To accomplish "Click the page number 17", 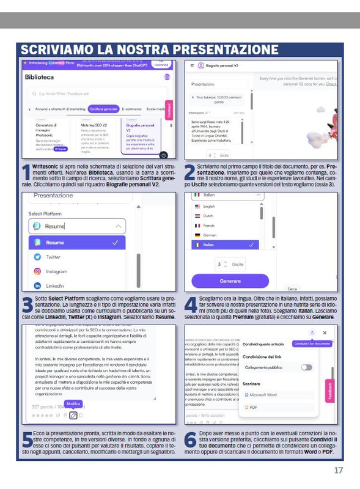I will pyautogui.click(x=339, y=470).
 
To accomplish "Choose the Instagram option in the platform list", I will pyautogui.click(x=56, y=271).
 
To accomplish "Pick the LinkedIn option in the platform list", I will pyautogui.click(x=54, y=285).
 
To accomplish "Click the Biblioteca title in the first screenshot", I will pyautogui.click(x=39, y=78).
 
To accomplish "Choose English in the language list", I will pyautogui.click(x=208, y=207).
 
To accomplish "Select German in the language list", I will pyautogui.click(x=210, y=235).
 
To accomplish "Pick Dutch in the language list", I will pyautogui.click(x=208, y=216).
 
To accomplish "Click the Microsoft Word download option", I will pyautogui.click(x=263, y=395).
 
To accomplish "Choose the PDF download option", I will pyautogui.click(x=253, y=407).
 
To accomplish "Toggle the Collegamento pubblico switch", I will pyautogui.click(x=306, y=367).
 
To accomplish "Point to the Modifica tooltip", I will pyautogui.click(x=73, y=404).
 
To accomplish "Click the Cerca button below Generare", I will pyautogui.click(x=292, y=289).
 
